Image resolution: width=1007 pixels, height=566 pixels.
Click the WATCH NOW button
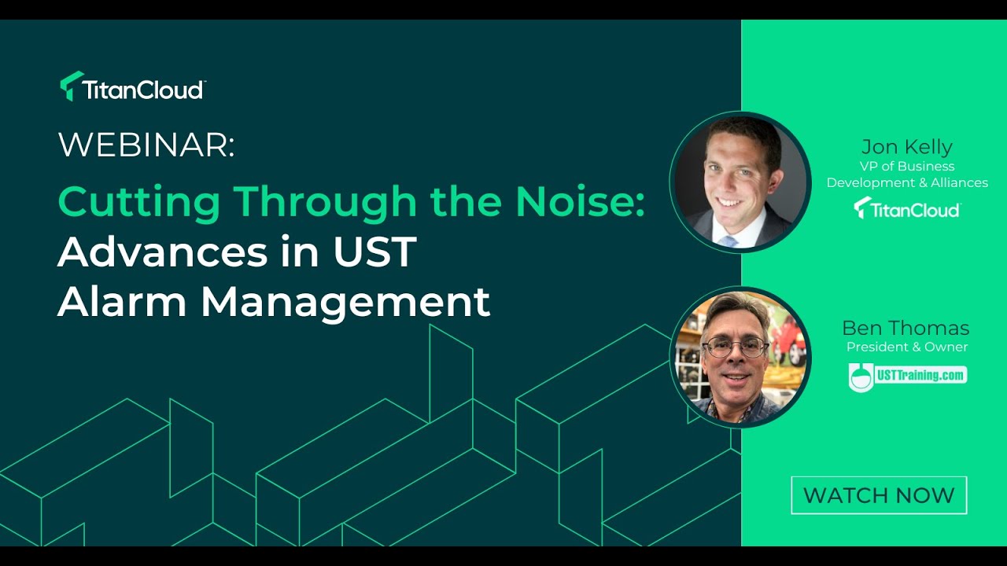coord(879,495)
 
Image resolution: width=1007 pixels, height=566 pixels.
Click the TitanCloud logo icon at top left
coord(72,86)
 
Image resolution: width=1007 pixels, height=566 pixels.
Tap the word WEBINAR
coord(146,145)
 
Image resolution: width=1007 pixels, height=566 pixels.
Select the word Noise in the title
coord(580,202)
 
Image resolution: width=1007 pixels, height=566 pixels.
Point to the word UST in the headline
coord(373,252)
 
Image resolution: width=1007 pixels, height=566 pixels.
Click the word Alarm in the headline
coord(122,302)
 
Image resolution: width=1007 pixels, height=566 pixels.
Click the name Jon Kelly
coord(906,147)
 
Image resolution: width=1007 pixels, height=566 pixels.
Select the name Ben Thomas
coord(906,328)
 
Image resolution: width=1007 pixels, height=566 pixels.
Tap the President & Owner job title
coord(906,347)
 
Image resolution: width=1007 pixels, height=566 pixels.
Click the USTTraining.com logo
coord(907,376)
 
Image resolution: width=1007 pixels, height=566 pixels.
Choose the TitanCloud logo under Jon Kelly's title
coord(906,208)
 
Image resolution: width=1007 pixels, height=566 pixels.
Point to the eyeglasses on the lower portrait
coord(736,347)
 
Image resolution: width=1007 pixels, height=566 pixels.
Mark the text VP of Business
coord(906,166)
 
